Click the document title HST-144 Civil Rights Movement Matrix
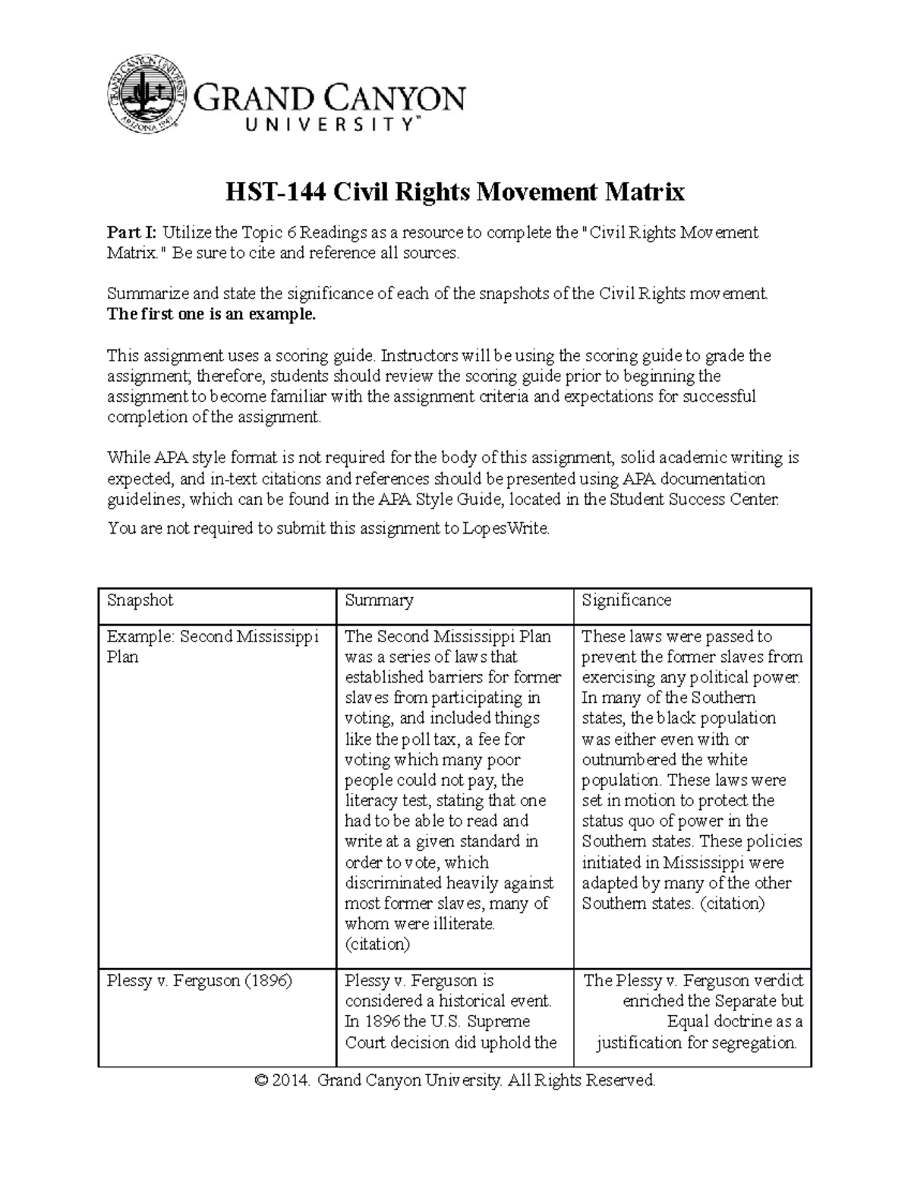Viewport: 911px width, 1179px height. (x=455, y=191)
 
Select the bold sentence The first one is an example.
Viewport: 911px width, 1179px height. (x=211, y=314)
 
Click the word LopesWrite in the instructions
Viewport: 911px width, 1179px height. (x=505, y=528)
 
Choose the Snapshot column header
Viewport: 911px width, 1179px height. (x=140, y=600)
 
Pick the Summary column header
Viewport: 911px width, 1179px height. (x=379, y=600)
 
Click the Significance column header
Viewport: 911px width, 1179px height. (x=626, y=600)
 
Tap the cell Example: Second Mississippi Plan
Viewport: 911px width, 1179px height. (x=213, y=646)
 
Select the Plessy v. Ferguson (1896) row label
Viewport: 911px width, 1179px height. (x=200, y=980)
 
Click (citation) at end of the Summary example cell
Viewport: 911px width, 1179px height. (x=377, y=944)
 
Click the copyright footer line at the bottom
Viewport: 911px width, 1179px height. (x=455, y=1080)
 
